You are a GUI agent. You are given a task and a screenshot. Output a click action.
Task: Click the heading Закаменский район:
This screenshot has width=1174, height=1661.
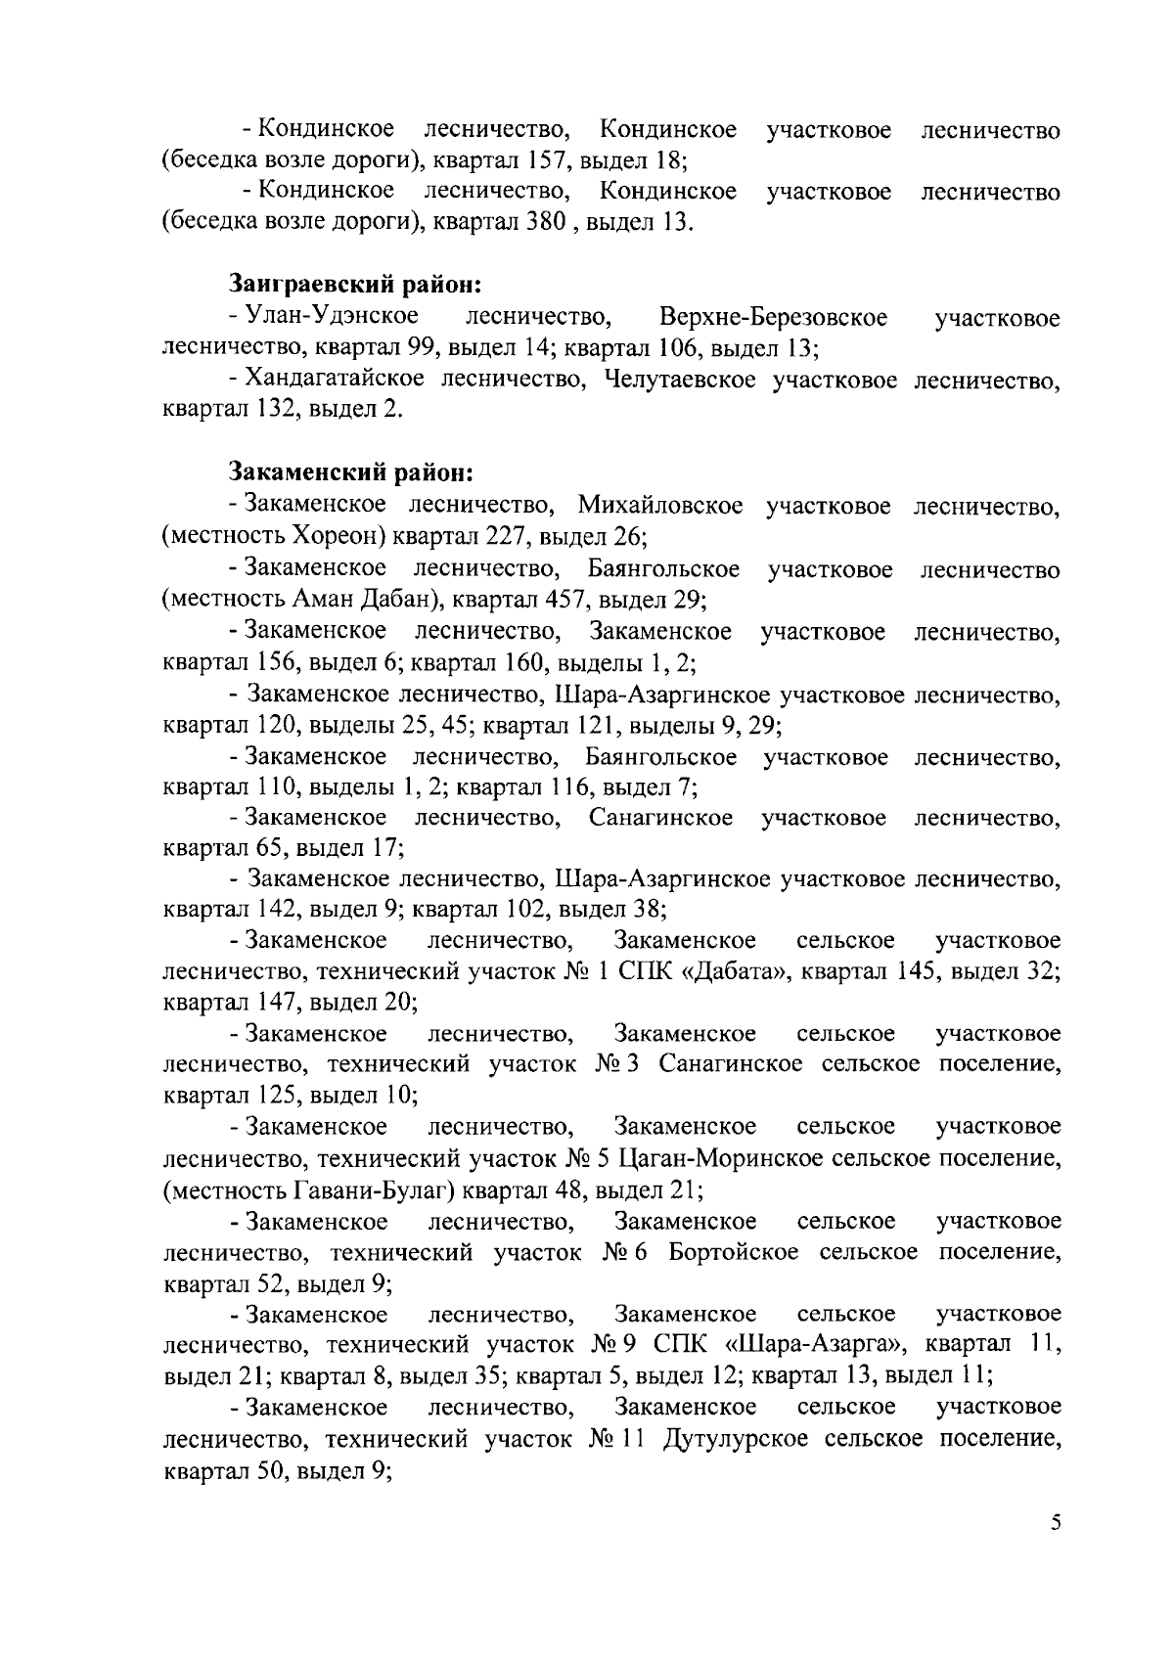[x=351, y=473]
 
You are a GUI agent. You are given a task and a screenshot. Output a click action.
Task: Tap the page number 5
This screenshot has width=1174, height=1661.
[x=1055, y=1549]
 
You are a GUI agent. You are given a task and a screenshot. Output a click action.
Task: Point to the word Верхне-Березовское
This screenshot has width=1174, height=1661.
[x=773, y=317]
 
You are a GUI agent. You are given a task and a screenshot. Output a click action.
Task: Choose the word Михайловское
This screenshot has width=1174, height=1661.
[x=659, y=506]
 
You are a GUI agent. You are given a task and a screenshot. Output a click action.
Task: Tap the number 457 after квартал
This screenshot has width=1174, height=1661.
[x=559, y=599]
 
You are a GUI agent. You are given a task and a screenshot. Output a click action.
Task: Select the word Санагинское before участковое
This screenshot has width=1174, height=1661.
[x=660, y=818]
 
